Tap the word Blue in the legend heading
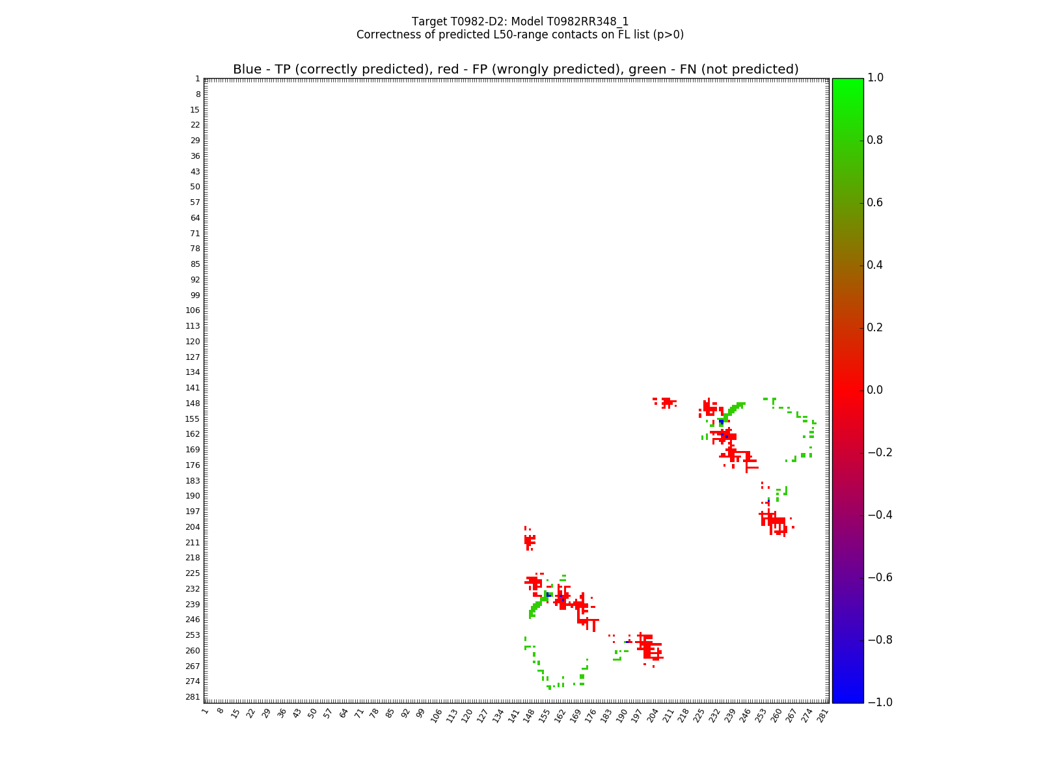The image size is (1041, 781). (x=247, y=70)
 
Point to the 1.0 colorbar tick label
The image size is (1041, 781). (x=875, y=77)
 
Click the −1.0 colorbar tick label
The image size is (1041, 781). (x=878, y=702)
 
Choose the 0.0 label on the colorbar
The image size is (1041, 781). (x=875, y=390)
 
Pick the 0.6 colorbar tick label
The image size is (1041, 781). (x=875, y=202)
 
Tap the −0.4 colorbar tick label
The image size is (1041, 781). (x=878, y=515)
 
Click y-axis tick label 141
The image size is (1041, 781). (x=193, y=388)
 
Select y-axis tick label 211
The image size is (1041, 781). (x=193, y=543)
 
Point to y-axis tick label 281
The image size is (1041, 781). (x=193, y=697)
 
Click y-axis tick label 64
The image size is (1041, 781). (x=195, y=218)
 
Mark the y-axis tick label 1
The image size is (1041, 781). (x=197, y=79)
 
